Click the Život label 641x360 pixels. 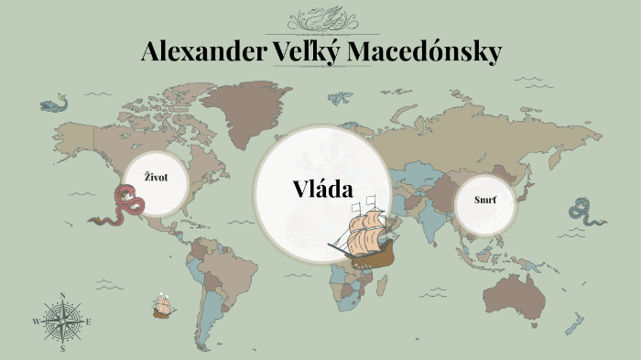point(156,177)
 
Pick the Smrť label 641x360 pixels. point(486,199)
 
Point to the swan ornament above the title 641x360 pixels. point(320,18)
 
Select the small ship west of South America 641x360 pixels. point(164,306)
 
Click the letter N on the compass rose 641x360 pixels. point(62,296)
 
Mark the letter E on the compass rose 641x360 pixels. point(89,322)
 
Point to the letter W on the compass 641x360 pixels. point(37,322)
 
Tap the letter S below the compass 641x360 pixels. point(62,349)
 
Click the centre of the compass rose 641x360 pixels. point(62,322)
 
